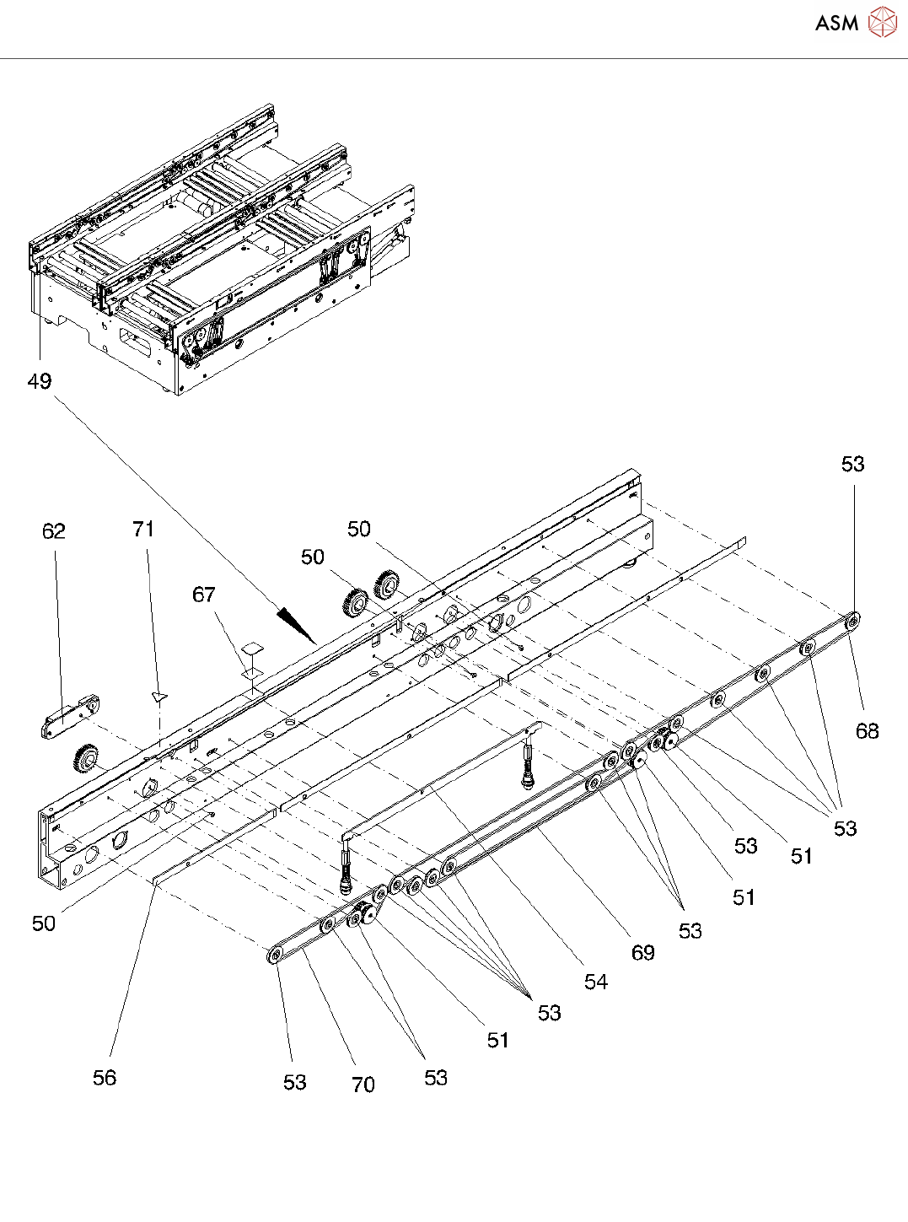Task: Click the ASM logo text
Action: coord(836,23)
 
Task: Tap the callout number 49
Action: coord(40,381)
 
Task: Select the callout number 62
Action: coord(53,530)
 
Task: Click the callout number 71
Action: coord(143,529)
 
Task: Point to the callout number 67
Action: coord(204,595)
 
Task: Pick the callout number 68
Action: coord(868,731)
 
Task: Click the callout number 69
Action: coord(643,953)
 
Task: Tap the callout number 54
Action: coord(596,982)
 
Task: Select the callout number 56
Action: coord(105,1078)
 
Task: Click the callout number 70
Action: coord(363,1085)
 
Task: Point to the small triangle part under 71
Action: coord(159,697)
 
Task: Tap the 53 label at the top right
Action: coord(853,464)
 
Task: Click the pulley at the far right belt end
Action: coord(853,622)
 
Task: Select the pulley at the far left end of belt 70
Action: coord(274,955)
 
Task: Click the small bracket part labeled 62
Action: coord(68,716)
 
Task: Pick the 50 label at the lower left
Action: coord(44,923)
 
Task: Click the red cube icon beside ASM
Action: coord(882,23)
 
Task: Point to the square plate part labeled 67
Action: coord(252,648)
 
